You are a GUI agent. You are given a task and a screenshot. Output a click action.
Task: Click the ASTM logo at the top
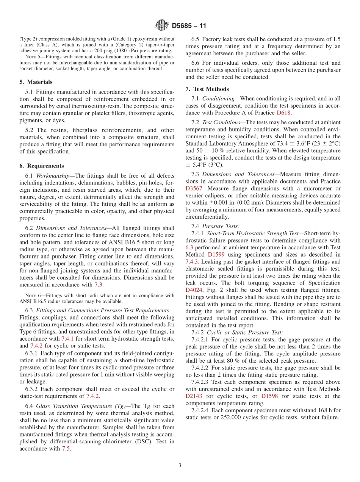[162, 26]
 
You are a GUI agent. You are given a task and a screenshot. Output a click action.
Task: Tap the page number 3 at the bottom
[180, 465]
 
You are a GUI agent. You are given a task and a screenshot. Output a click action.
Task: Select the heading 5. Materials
[36, 82]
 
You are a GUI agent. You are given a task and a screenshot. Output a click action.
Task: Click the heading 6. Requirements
[41, 166]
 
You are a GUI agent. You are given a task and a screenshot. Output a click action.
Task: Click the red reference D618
[284, 113]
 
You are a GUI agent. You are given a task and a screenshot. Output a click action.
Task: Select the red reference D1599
[216, 254]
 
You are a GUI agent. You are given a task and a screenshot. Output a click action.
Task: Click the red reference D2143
[194, 396]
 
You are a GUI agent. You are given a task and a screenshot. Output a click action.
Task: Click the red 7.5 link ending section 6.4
[66, 449]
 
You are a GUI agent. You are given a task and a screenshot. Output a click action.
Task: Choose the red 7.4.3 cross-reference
[193, 261]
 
